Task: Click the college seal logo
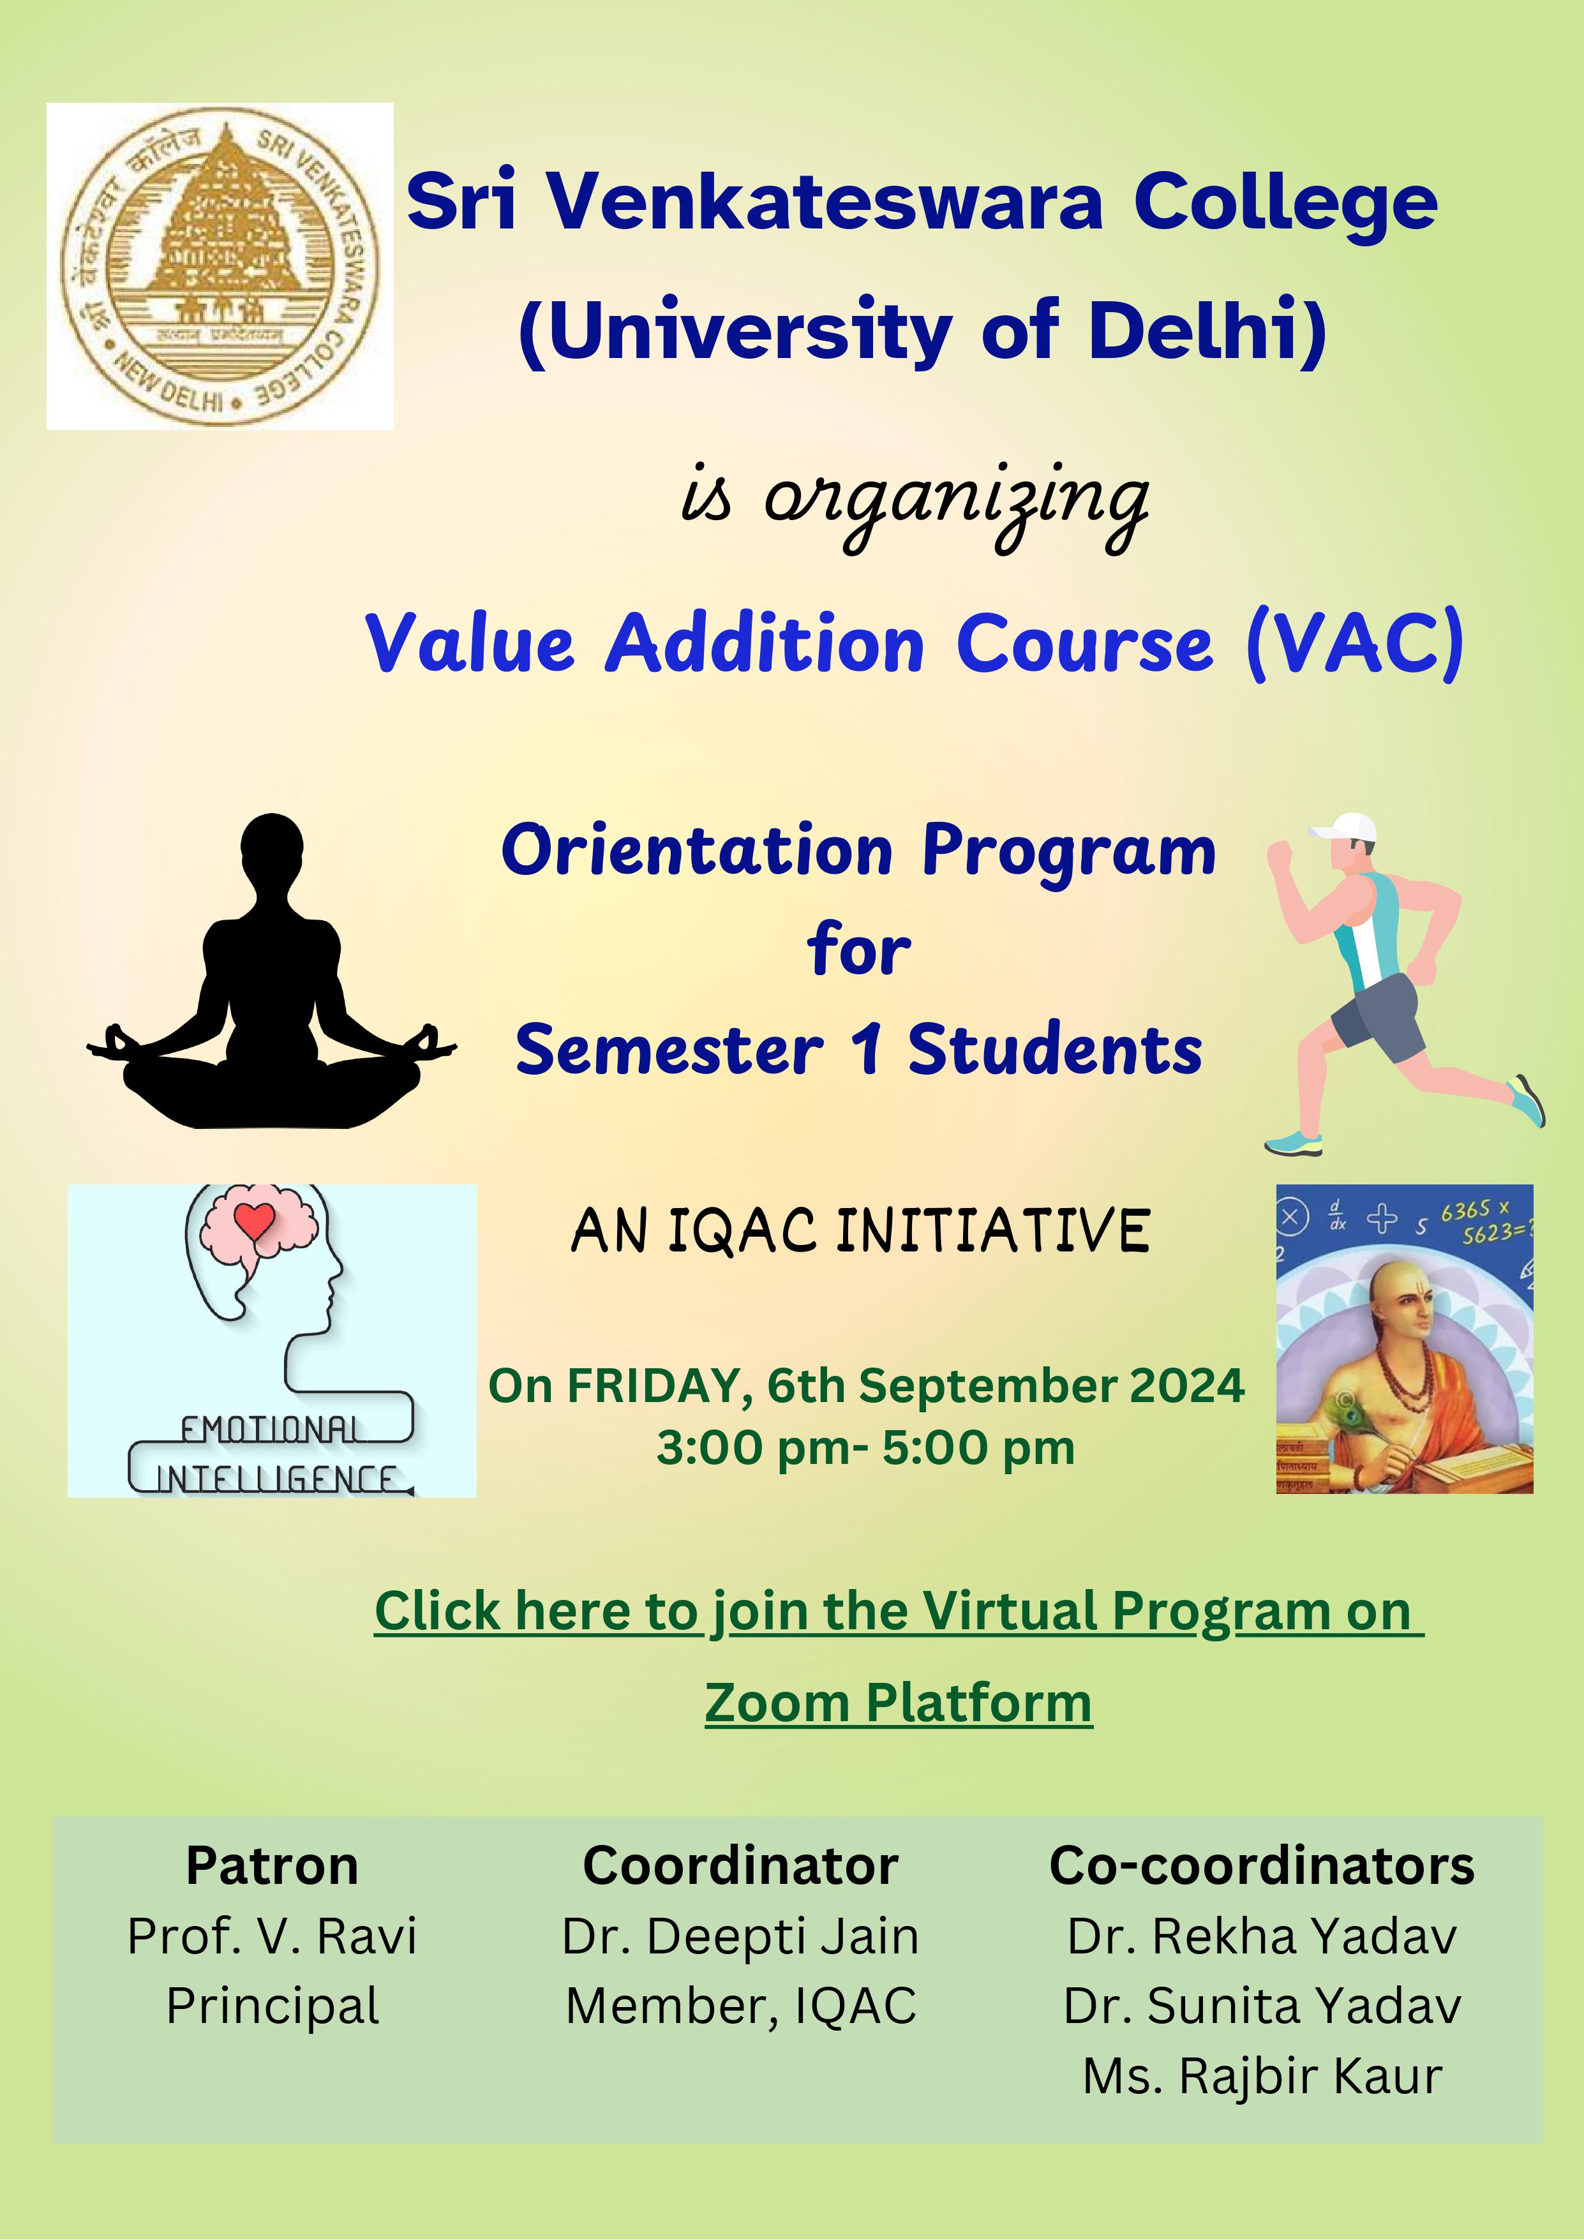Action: click(x=220, y=266)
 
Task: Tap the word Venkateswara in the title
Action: click(x=823, y=202)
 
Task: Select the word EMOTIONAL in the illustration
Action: click(x=270, y=1430)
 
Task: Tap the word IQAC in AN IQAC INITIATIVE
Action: click(x=742, y=1230)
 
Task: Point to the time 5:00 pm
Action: click(x=978, y=1448)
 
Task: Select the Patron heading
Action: click(x=272, y=1865)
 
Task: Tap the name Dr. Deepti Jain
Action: click(x=740, y=1937)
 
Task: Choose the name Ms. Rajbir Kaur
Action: click(x=1262, y=2076)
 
